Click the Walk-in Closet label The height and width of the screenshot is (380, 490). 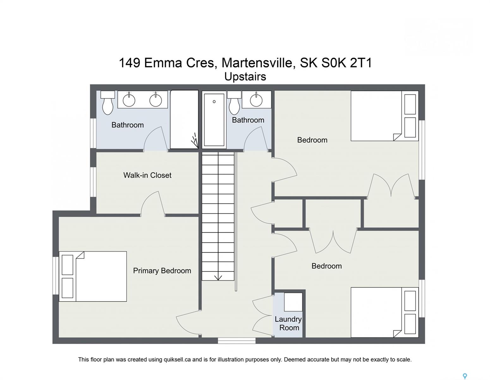coord(147,175)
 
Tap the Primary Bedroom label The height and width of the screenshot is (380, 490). coord(162,271)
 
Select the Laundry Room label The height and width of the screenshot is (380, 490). coord(288,323)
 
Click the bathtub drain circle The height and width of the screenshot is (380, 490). coord(214,102)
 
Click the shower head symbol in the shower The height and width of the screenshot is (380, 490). coord(195,140)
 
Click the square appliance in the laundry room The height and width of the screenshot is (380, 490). coord(293,302)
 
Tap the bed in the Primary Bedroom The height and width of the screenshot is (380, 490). coord(93,276)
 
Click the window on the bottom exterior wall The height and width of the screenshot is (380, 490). coord(237,340)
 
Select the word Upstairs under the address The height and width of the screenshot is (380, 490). coord(245,77)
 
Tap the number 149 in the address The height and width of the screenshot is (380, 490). coord(129,63)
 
